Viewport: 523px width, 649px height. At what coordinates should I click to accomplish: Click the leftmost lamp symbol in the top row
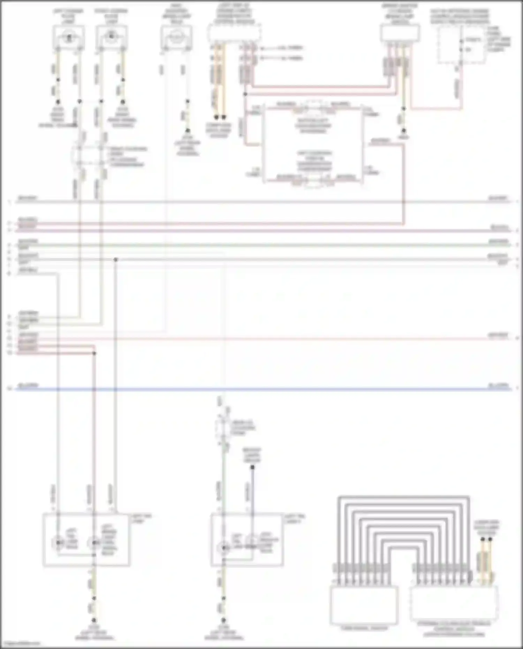(69, 36)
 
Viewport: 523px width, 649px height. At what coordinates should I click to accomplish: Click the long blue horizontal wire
(261, 388)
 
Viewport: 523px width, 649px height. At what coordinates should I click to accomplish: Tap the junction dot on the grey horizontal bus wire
(116, 260)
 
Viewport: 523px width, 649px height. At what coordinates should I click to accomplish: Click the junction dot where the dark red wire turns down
(94, 353)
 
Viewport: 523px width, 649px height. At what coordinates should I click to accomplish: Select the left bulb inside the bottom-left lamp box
(58, 543)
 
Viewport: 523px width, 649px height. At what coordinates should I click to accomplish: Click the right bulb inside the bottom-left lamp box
(94, 543)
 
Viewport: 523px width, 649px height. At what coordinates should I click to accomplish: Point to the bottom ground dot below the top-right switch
(403, 131)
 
